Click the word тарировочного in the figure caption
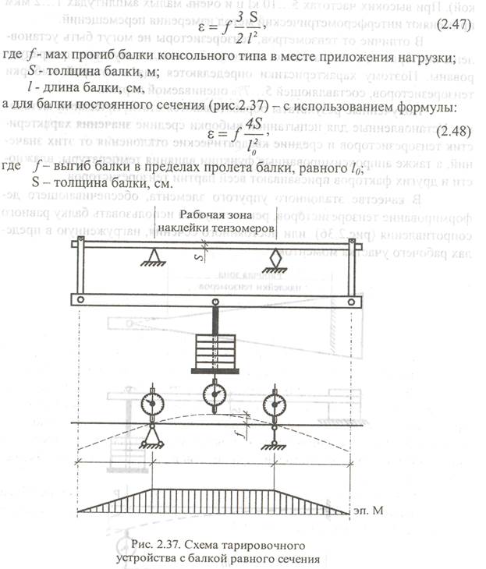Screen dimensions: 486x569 tap(256, 541)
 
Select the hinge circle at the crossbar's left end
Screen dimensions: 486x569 tap(80, 299)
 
